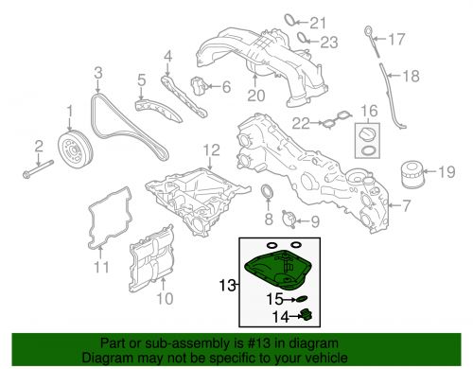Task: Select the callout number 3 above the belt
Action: pos(97,72)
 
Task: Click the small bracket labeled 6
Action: pos(202,87)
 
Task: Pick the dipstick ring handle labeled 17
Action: pos(367,36)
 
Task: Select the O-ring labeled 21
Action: pos(290,21)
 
